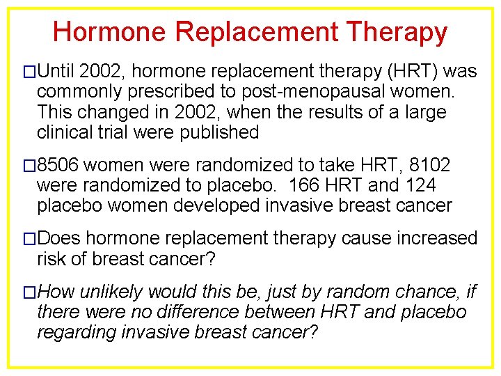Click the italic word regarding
(78, 333)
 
